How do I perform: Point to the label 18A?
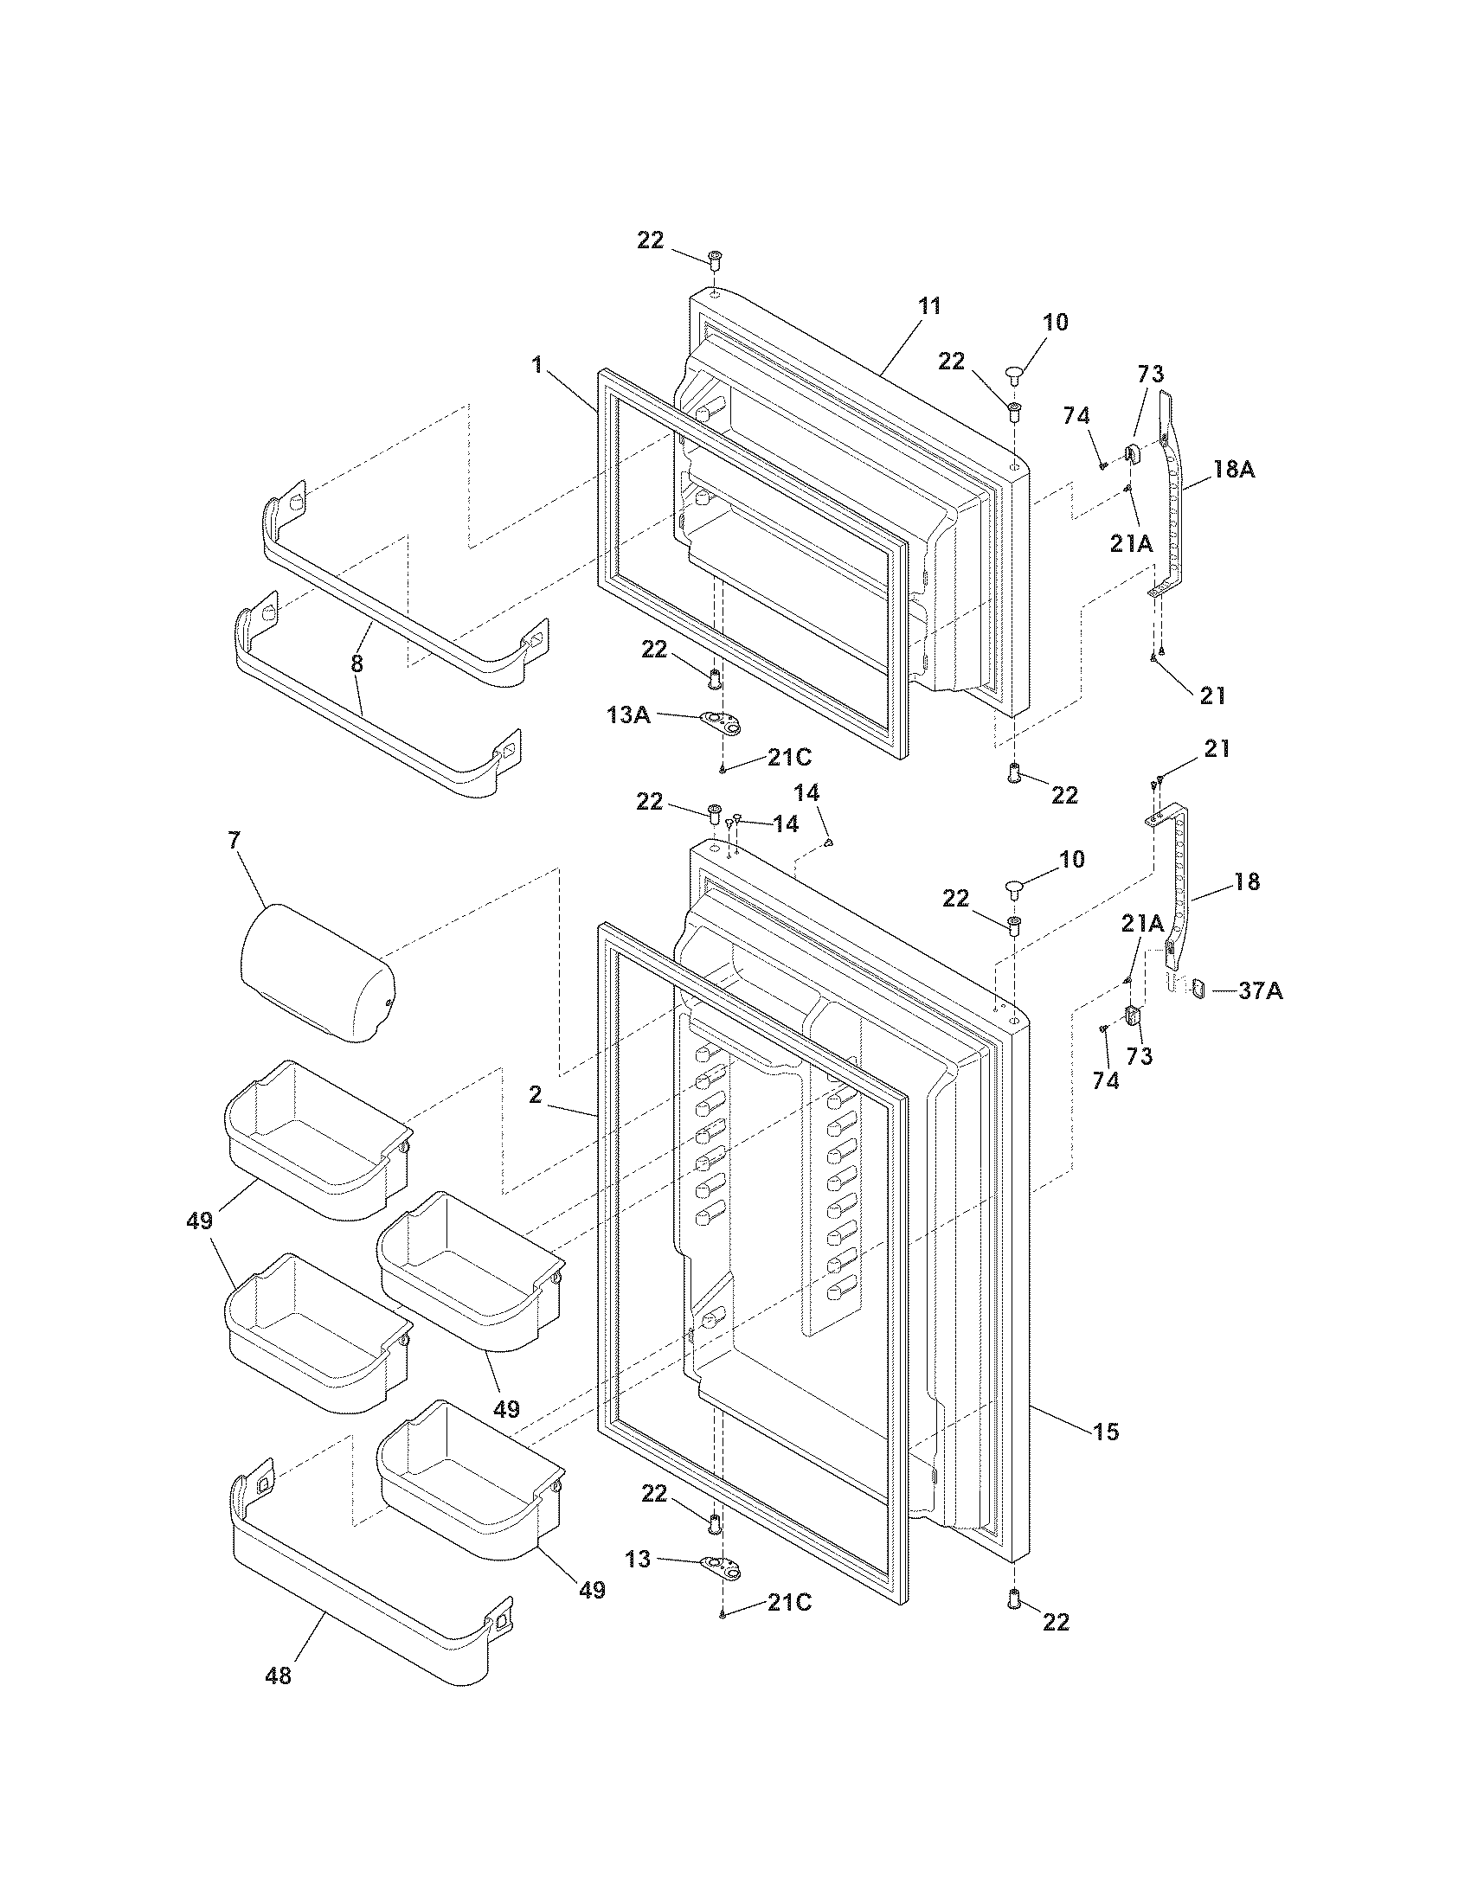(1233, 469)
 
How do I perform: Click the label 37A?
(1260, 990)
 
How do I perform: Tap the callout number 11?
(929, 306)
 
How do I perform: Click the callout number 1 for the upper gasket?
(537, 365)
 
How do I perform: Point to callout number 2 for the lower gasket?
(535, 1095)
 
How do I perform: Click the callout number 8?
(357, 663)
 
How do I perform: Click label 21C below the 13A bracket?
(788, 757)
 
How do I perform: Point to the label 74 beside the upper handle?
(1076, 417)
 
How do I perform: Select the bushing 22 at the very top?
(714, 259)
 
